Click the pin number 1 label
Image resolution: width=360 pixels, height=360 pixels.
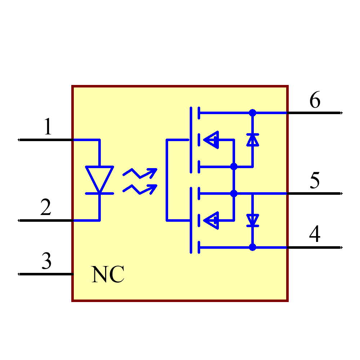pos(48,127)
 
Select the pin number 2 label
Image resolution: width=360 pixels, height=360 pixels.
pos(46,208)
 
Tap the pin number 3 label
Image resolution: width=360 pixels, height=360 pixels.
pos(46,261)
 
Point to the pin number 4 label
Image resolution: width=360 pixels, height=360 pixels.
pos(315,234)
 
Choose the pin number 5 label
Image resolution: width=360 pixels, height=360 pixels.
pos(315,181)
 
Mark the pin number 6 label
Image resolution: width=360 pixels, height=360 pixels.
pos(315,100)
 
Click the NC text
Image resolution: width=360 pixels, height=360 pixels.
pos(108,275)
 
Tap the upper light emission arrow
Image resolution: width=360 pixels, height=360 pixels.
pos(140,174)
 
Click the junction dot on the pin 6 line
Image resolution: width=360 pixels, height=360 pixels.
pos(252,113)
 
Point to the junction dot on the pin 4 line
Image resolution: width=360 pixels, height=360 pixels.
pos(252,247)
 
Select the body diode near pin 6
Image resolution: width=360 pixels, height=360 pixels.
pos(252,140)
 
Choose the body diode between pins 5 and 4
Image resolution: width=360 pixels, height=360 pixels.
pos(252,220)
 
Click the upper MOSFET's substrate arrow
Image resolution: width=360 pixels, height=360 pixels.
pos(212,140)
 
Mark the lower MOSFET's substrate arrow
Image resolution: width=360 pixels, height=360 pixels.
pos(212,220)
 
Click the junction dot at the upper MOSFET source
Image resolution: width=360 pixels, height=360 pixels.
pos(234,166)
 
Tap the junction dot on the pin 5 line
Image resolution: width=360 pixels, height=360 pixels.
pos(234,193)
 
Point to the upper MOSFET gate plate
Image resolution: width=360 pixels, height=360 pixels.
pos(190,140)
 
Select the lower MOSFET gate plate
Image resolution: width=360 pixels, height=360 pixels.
pos(190,220)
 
